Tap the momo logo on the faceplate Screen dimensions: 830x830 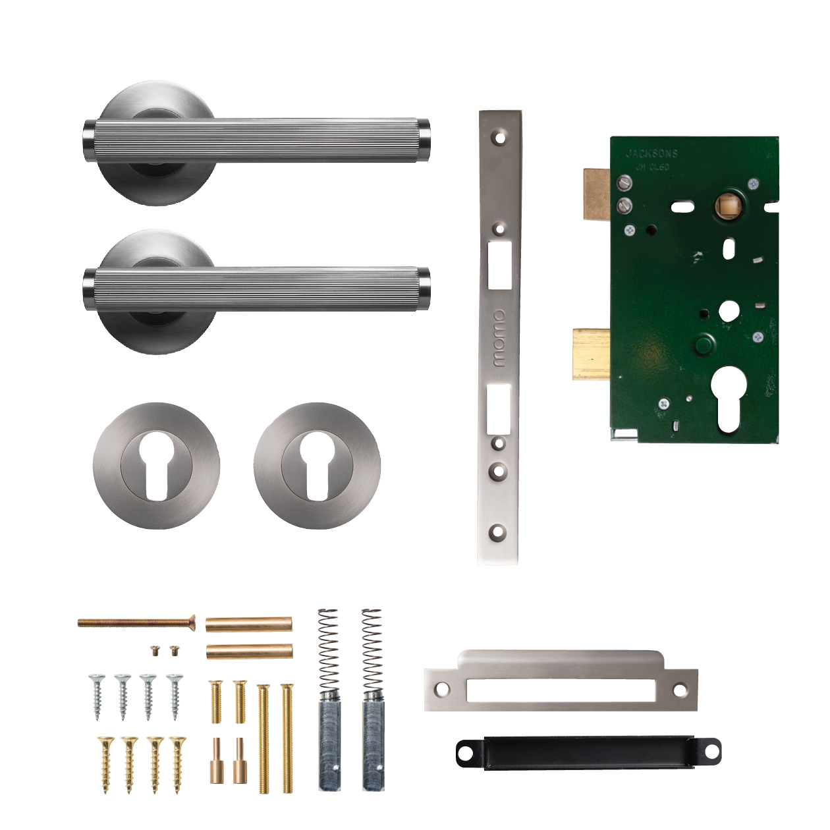(x=499, y=338)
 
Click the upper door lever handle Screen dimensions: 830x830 (x=257, y=140)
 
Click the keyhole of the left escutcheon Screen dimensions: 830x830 (x=156, y=464)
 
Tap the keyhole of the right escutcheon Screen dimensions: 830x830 (x=317, y=464)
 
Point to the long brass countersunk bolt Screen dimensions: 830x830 (x=137, y=622)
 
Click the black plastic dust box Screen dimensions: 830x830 (x=588, y=752)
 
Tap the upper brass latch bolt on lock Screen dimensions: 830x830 (x=597, y=194)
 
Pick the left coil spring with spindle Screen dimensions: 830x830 (x=329, y=698)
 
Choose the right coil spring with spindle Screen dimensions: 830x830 (x=372, y=698)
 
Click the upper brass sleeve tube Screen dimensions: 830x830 (x=249, y=624)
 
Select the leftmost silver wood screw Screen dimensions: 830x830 (x=98, y=697)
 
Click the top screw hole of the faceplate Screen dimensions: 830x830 (x=500, y=138)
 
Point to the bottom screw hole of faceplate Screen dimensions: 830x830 (x=498, y=531)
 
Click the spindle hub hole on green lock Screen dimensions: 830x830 (x=727, y=205)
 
